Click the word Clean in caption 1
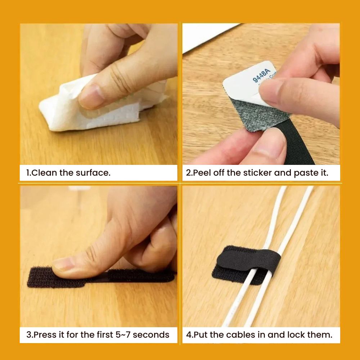tap(44, 173)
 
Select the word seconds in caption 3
tap(151, 334)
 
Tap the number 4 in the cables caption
tap(189, 335)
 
